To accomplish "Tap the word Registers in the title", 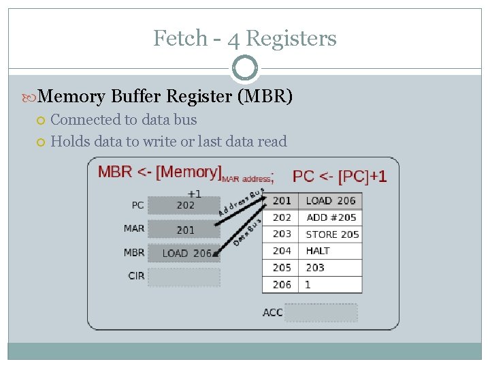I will [x=291, y=38].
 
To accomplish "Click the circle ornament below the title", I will [x=245, y=69].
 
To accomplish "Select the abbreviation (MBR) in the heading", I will [x=265, y=97].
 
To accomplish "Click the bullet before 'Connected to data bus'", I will [x=41, y=121].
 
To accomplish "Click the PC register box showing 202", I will [x=184, y=205].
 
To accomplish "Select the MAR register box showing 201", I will [x=184, y=230].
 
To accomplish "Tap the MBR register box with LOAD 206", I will [x=184, y=253].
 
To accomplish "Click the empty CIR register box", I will [x=184, y=277].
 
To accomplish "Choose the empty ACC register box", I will [x=321, y=313].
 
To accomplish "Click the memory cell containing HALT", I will [x=331, y=251].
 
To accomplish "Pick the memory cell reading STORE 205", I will [x=331, y=234].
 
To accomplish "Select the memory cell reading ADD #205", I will [x=331, y=217].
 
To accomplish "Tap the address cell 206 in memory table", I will [x=282, y=285].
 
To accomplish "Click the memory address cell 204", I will [x=282, y=251].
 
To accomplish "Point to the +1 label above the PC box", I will [x=195, y=194].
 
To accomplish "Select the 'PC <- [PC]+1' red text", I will [x=339, y=176].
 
